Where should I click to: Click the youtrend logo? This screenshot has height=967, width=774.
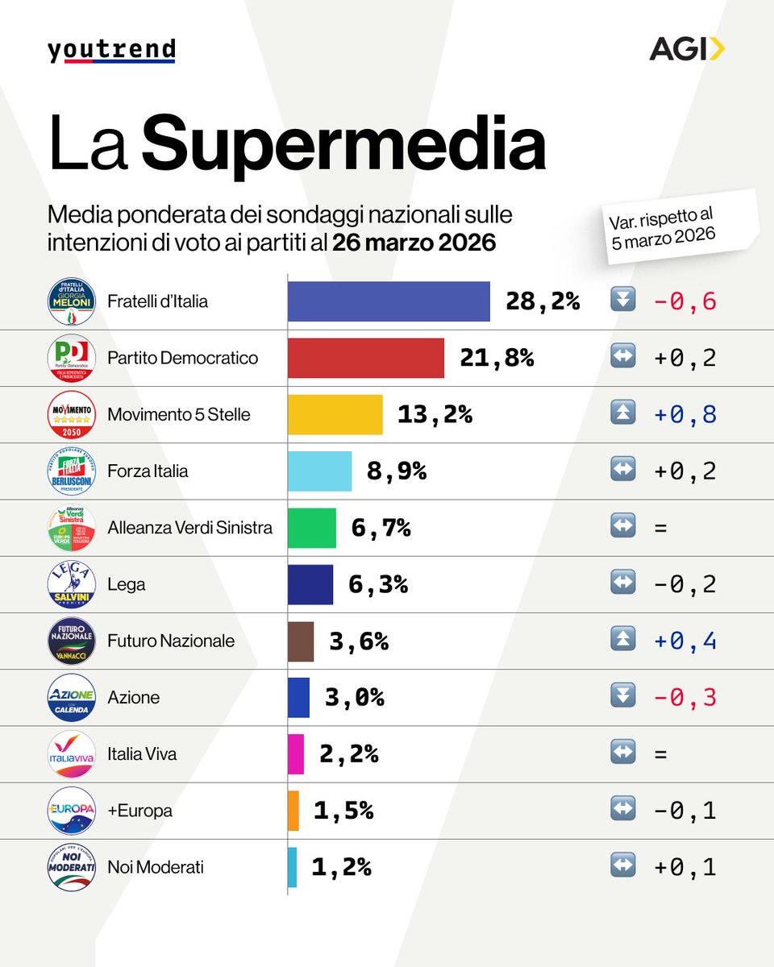click(x=111, y=50)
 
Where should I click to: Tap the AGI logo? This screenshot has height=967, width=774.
click(x=687, y=50)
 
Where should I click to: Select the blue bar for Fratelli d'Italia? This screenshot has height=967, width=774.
click(x=389, y=301)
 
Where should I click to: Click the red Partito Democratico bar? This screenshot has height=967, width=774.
click(x=366, y=358)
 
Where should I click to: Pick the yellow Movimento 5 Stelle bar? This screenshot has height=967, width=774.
click(x=335, y=414)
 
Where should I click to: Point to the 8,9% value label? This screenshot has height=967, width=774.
click(x=396, y=471)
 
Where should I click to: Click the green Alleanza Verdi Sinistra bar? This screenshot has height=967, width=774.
click(x=312, y=528)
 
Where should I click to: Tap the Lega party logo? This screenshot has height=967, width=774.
click(x=72, y=584)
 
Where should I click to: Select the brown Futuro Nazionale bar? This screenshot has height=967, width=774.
click(x=301, y=641)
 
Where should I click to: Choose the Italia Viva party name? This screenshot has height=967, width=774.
click(x=142, y=754)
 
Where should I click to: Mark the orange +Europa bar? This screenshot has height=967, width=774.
click(x=293, y=811)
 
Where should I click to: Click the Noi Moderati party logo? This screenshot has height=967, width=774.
click(x=72, y=867)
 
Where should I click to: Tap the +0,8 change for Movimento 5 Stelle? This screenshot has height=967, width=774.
click(x=685, y=414)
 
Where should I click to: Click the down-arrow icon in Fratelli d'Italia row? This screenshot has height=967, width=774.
click(x=623, y=301)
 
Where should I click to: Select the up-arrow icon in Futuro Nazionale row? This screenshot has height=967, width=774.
click(x=623, y=641)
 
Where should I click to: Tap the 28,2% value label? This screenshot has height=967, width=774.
click(x=543, y=301)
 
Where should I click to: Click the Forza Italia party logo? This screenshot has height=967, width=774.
click(x=72, y=471)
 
